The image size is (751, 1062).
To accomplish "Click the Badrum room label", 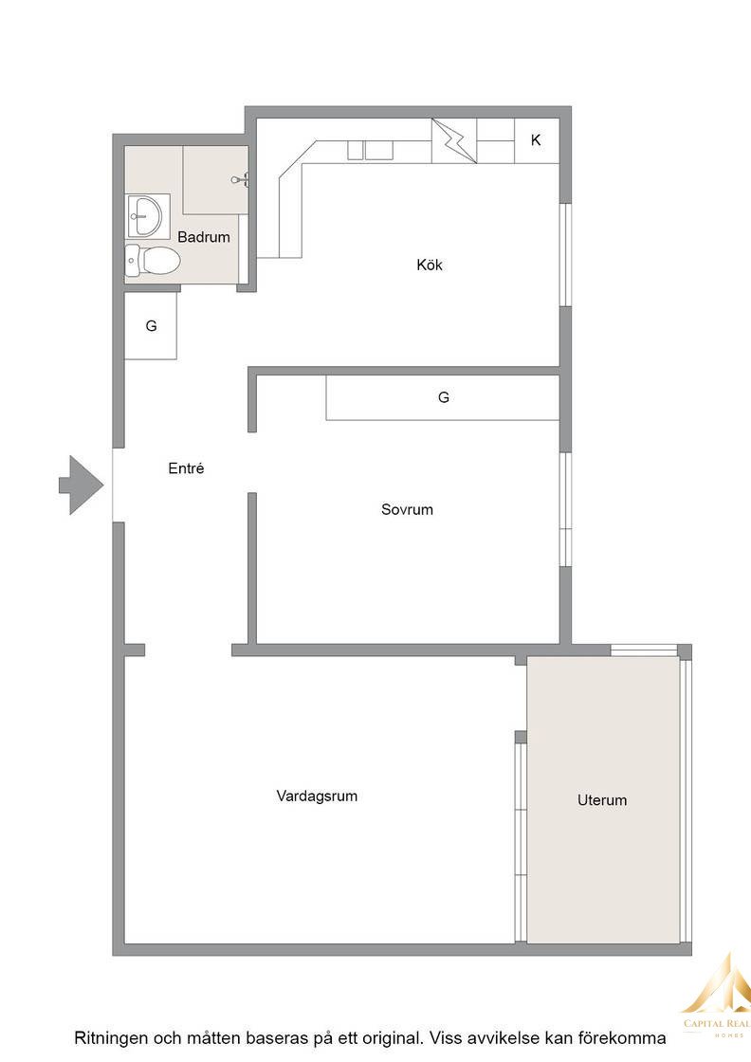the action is tap(203, 237).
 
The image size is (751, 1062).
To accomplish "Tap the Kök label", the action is tap(430, 265).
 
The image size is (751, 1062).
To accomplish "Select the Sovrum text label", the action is tap(407, 509).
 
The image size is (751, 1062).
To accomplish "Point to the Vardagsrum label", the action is tap(317, 796).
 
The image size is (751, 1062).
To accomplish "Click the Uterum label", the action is tap(602, 800).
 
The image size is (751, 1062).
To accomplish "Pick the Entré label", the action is tap(186, 468).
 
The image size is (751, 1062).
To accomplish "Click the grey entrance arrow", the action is tap(82, 485).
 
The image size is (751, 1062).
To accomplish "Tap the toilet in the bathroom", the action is tap(153, 260).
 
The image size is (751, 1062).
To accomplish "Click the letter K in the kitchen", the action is tap(536, 140).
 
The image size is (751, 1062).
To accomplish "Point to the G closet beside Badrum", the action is tap(151, 326).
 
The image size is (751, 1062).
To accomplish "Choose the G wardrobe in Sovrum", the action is tap(443, 397).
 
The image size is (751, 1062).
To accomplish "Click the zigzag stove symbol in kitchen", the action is tap(454, 141).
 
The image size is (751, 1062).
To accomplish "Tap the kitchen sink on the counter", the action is tap(371, 151).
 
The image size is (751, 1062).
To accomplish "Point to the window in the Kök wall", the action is tap(566, 255).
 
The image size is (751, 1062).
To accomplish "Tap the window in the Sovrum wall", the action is tap(566, 509).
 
